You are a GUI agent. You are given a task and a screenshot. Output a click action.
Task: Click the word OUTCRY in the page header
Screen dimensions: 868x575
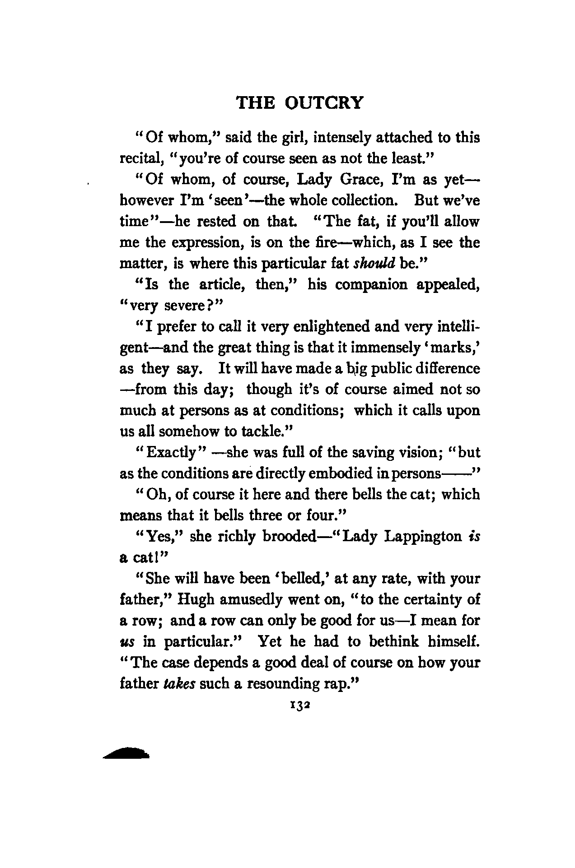pyautogui.click(x=324, y=103)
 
